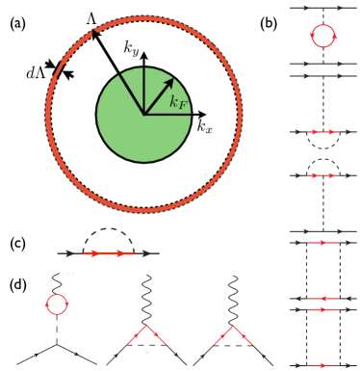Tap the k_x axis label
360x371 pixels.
coord(205,125)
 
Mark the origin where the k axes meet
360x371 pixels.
coord(143,114)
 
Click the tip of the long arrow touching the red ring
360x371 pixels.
coord(93,34)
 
